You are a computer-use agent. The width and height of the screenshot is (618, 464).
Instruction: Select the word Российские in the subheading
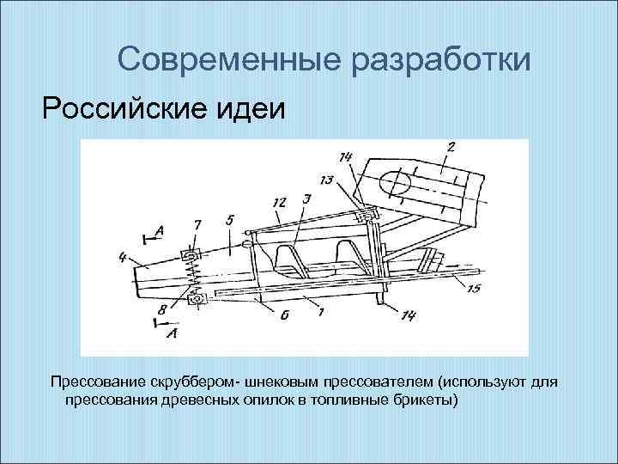click(147, 109)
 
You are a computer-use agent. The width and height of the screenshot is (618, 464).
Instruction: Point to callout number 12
click(280, 202)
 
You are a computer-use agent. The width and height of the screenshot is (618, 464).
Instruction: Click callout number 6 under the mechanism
click(283, 315)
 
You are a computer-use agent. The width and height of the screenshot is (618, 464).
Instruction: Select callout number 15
click(475, 289)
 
